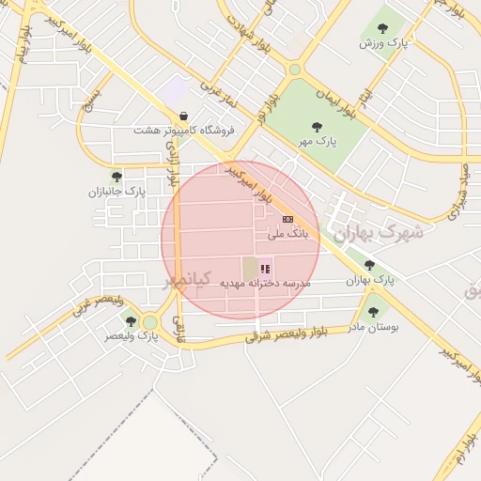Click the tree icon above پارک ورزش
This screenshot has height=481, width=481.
(x=382, y=28)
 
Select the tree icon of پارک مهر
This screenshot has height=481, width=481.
(x=316, y=127)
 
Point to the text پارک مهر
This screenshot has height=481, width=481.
(x=317, y=142)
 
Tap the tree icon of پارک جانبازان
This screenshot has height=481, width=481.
(x=116, y=176)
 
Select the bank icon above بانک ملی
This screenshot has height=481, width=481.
(x=287, y=218)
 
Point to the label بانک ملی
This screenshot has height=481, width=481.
(x=287, y=233)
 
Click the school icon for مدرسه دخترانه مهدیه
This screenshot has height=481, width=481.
(x=265, y=269)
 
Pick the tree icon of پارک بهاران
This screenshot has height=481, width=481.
(x=369, y=266)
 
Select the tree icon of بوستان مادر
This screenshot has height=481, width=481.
(x=373, y=312)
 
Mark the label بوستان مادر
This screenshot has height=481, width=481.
(x=374, y=327)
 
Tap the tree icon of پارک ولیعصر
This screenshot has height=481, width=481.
(x=131, y=321)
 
